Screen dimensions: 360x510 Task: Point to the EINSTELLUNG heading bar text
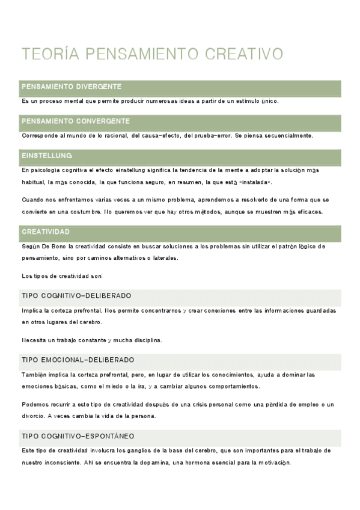[x=47, y=156]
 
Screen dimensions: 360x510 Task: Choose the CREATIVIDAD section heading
[x=46, y=232]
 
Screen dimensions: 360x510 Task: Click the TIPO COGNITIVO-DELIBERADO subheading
[x=76, y=296]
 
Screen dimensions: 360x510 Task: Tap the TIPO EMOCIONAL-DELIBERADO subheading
[x=78, y=360]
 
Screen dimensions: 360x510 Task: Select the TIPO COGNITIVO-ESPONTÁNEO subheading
[x=78, y=436]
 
